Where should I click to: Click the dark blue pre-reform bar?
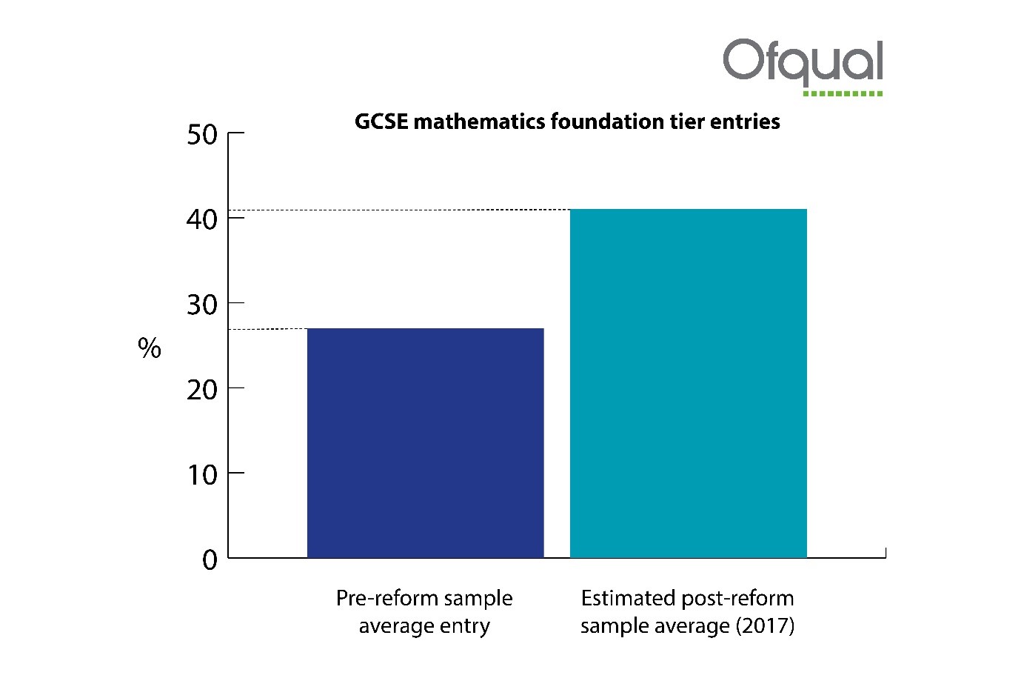pos(425,442)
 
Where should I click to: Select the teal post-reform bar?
pos(688,383)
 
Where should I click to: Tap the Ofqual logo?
pos(803,62)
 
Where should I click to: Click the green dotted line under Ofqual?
pos(843,93)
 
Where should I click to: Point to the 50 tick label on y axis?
pos(202,135)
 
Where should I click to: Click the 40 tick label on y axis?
pos(202,219)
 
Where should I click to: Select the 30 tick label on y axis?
pos(202,305)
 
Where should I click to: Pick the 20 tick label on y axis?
pos(202,390)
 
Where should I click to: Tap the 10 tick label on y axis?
pos(202,474)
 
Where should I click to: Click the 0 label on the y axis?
pos(210,560)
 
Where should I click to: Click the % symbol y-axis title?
pos(150,348)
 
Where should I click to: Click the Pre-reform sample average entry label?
pos(424,611)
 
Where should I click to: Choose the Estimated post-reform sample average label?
pos(687,611)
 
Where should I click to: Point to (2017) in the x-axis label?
pos(765,625)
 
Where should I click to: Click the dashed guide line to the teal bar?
pos(400,210)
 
